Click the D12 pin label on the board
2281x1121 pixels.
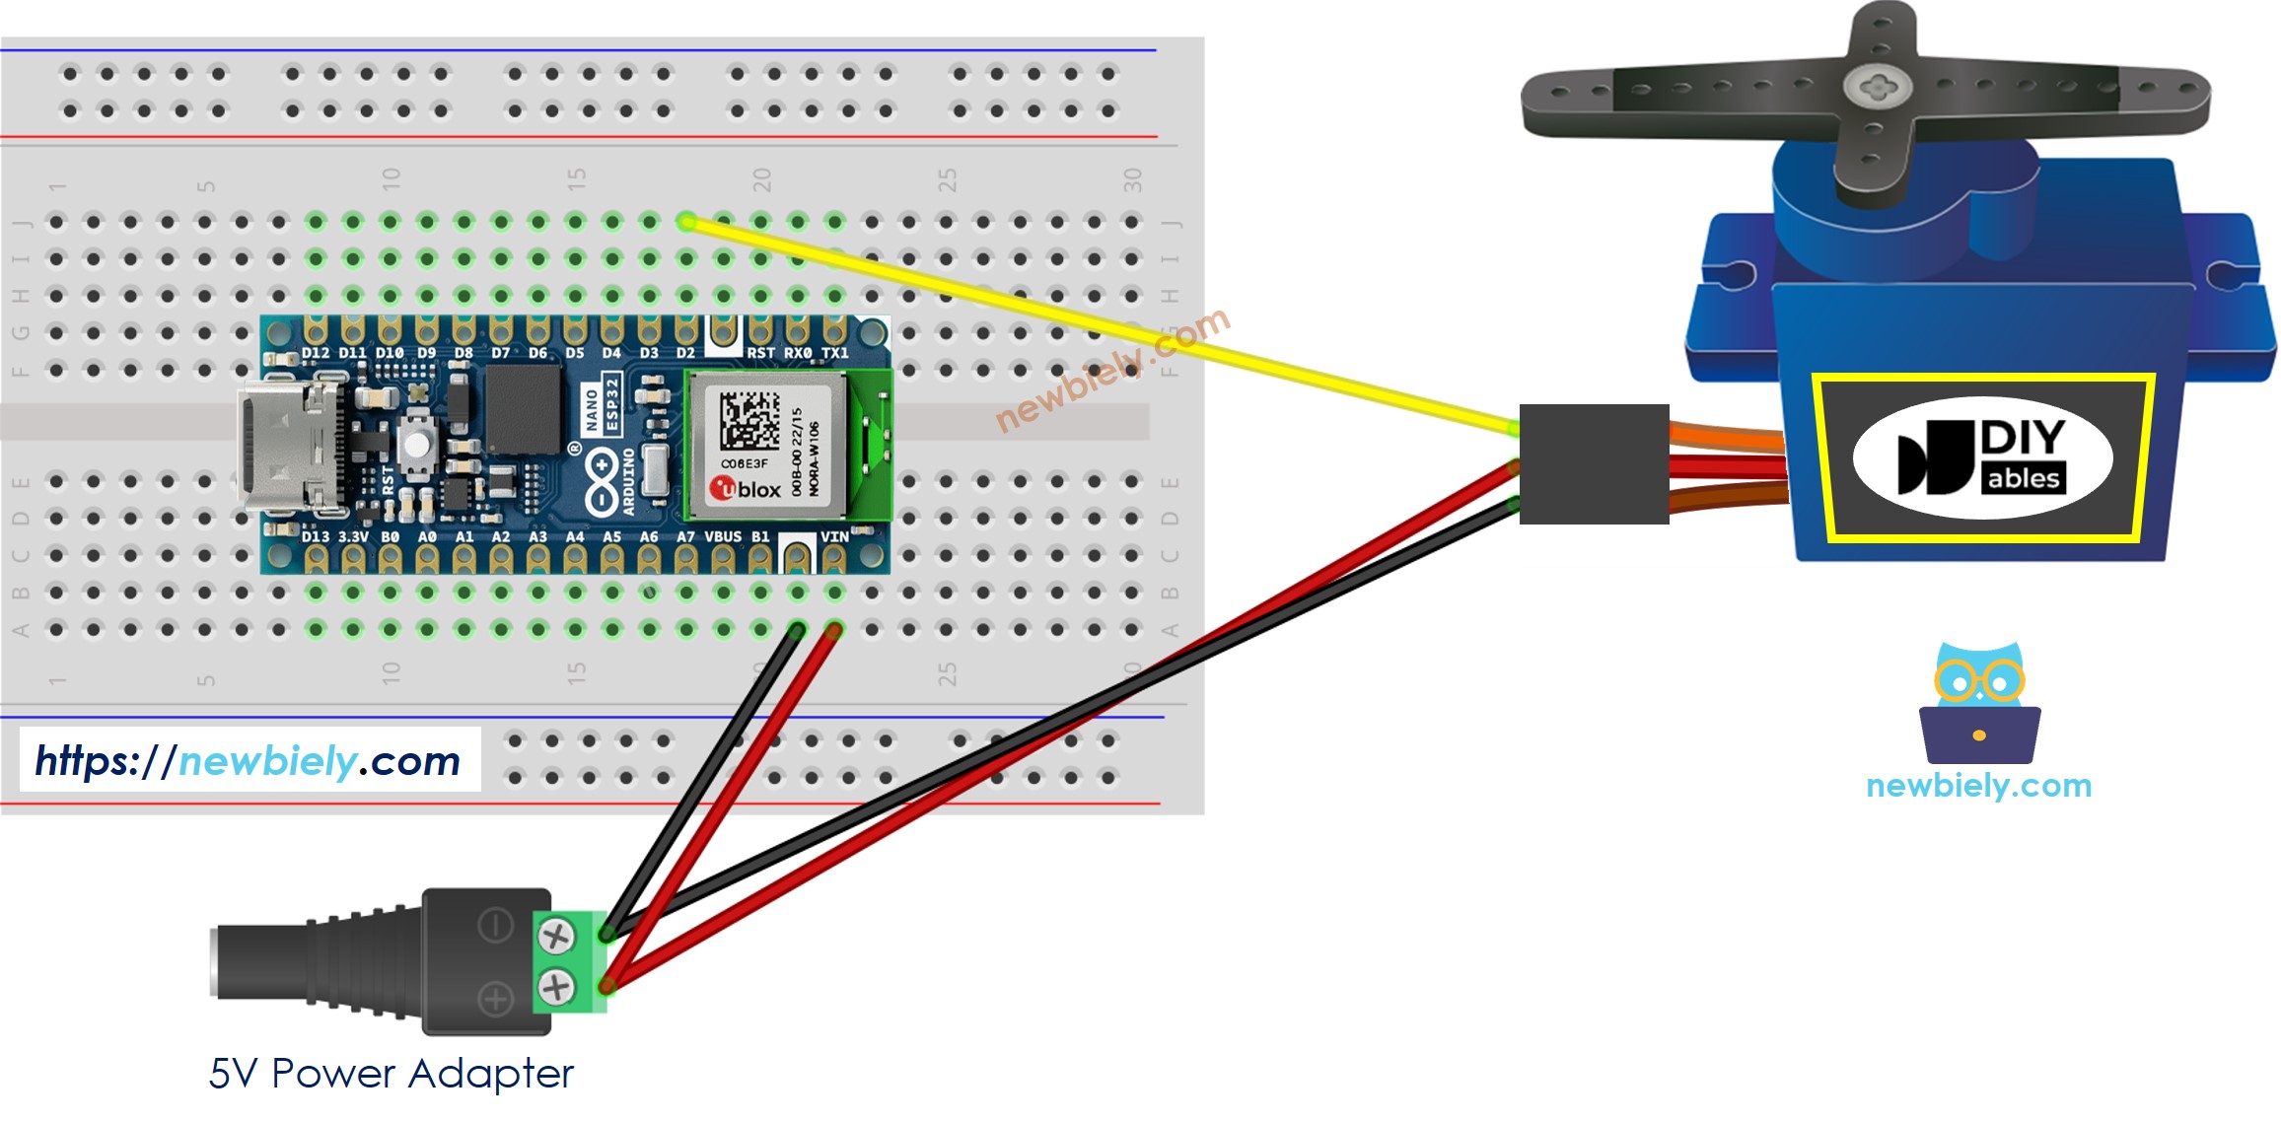click(316, 352)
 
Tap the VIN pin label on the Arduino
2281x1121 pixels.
click(834, 536)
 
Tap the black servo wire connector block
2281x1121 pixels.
click(1593, 463)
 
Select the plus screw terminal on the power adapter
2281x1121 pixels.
click(556, 986)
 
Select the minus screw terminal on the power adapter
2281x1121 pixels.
click(556, 936)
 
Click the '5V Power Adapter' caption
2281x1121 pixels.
click(391, 1074)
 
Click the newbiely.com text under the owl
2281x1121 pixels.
click(1978, 786)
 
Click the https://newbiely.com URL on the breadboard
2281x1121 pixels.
click(249, 760)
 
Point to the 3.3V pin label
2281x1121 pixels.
click(353, 537)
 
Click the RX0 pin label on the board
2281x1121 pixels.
click(798, 352)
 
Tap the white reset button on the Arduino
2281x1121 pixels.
click(417, 444)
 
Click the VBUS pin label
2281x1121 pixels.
click(723, 537)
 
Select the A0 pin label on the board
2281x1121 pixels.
click(427, 537)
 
